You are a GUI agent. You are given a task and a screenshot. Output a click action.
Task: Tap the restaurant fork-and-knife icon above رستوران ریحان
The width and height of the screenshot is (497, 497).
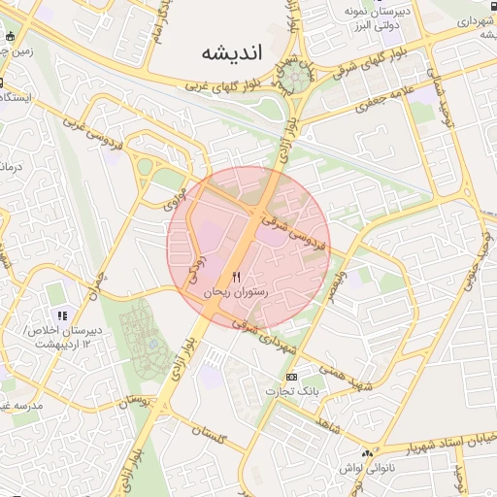[236, 277]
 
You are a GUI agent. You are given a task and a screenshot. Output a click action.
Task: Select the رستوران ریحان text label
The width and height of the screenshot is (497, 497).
[235, 291]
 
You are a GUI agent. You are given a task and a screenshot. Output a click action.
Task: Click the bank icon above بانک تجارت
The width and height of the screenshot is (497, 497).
[291, 376]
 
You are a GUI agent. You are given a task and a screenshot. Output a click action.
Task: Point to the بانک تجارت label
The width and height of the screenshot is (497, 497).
[291, 390]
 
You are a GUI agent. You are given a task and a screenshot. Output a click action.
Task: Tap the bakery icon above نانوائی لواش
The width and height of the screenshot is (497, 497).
[366, 453]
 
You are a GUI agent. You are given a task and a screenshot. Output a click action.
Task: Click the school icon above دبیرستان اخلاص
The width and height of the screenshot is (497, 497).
[62, 315]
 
